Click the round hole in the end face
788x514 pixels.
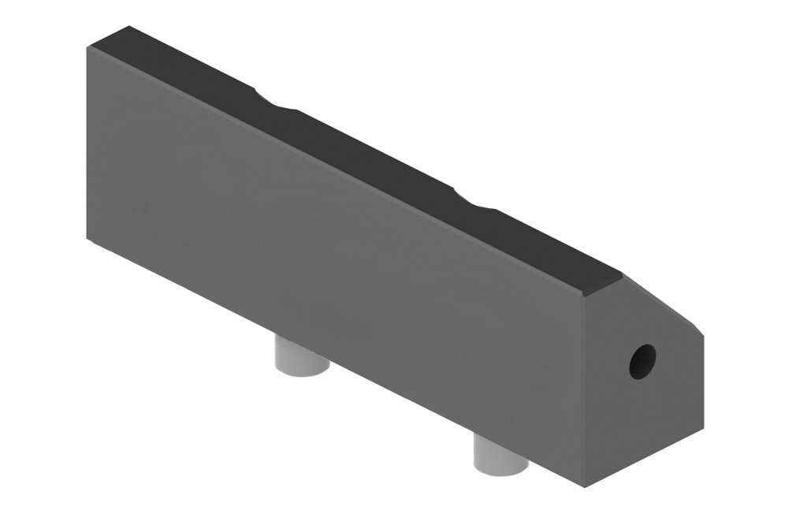point(641,361)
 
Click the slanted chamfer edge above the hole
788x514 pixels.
point(662,303)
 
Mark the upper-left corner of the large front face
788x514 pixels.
point(87,47)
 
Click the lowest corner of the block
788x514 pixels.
point(584,486)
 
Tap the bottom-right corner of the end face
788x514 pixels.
point(703,432)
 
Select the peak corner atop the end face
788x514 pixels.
point(623,275)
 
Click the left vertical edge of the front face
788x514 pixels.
point(87,142)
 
